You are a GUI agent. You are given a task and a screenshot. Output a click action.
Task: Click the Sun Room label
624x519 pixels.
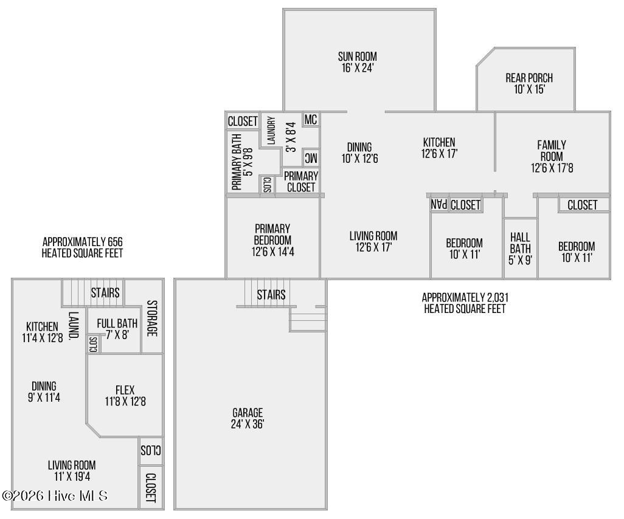tap(358, 63)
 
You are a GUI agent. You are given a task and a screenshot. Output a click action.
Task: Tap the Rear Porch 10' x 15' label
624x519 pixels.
tap(529, 83)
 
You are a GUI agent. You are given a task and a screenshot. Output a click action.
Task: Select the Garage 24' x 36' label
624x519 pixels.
tap(248, 418)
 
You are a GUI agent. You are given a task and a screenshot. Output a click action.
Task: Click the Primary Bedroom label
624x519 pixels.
tap(272, 239)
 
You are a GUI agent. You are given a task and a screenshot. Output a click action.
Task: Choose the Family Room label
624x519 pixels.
tap(552, 156)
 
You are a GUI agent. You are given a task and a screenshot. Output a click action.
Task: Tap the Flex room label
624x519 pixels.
tap(125, 395)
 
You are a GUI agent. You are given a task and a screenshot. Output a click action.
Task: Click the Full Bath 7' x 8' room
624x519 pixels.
tap(117, 328)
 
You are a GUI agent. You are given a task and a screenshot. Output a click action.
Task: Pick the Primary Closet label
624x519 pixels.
tap(301, 181)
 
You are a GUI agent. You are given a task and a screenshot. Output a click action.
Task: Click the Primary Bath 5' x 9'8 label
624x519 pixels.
tap(241, 162)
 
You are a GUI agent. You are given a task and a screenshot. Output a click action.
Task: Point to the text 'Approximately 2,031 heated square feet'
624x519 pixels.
tap(465, 303)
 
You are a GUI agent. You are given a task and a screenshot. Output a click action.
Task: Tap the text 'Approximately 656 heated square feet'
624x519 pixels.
tap(82, 247)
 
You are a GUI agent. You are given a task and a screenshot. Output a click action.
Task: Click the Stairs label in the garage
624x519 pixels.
tap(271, 295)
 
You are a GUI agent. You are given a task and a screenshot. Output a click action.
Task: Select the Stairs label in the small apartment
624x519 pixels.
tap(105, 293)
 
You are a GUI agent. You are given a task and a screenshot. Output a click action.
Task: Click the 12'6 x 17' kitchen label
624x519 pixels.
tap(439, 148)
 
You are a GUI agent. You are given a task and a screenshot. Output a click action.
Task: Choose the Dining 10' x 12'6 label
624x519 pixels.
tap(359, 153)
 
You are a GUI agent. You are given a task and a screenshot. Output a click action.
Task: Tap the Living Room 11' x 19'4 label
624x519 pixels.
tap(72, 471)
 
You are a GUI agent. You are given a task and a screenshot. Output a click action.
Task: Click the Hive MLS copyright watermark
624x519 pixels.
tap(55, 496)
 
